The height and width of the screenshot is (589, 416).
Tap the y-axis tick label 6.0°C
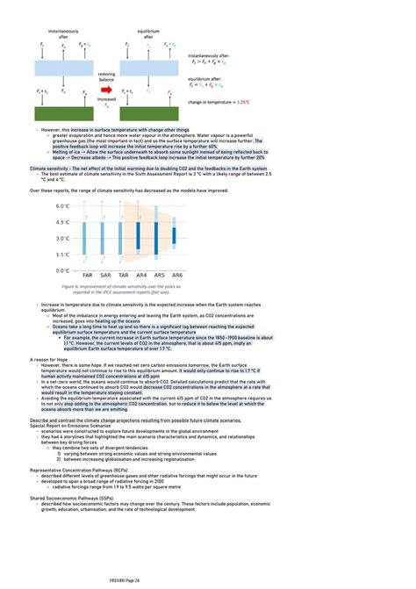(61, 205)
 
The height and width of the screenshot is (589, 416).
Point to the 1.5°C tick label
(61, 255)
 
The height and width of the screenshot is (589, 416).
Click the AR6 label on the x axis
(176, 276)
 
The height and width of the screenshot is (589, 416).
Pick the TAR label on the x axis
(123, 276)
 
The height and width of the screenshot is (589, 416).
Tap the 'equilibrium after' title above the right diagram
(148, 34)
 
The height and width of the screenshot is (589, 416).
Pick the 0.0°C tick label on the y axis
(61, 270)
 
